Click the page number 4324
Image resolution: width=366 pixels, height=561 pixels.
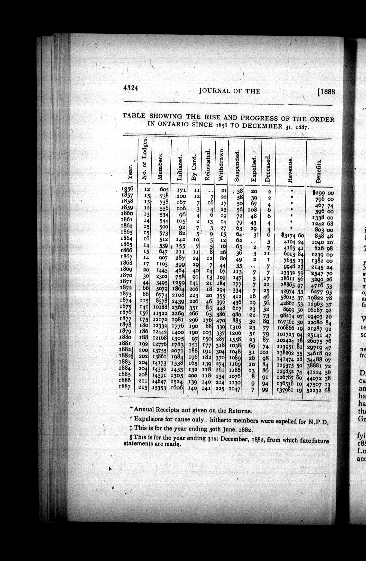(x=131, y=88)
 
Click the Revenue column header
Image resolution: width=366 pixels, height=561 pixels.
(x=290, y=170)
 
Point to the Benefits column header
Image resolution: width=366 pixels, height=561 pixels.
(x=318, y=171)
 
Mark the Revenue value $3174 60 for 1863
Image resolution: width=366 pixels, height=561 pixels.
(x=293, y=236)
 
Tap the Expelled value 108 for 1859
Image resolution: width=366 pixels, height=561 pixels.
(x=252, y=210)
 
